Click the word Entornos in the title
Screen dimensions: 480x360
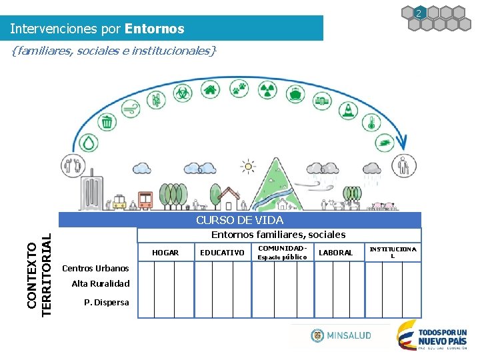(x=154, y=29)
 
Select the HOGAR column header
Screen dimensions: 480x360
(x=165, y=253)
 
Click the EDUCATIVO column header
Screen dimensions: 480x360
(x=222, y=253)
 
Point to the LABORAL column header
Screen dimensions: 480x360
(x=335, y=253)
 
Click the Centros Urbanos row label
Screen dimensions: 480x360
(x=95, y=269)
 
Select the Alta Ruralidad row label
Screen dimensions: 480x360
(x=101, y=284)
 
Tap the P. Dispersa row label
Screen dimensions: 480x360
(x=107, y=303)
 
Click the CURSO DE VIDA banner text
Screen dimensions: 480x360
(x=239, y=220)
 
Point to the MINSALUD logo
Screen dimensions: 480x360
(x=341, y=335)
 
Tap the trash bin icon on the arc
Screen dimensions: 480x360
(x=107, y=122)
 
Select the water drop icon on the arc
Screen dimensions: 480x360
(x=88, y=143)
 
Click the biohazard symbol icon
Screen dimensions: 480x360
(x=182, y=92)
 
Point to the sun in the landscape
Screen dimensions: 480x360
(x=248, y=166)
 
